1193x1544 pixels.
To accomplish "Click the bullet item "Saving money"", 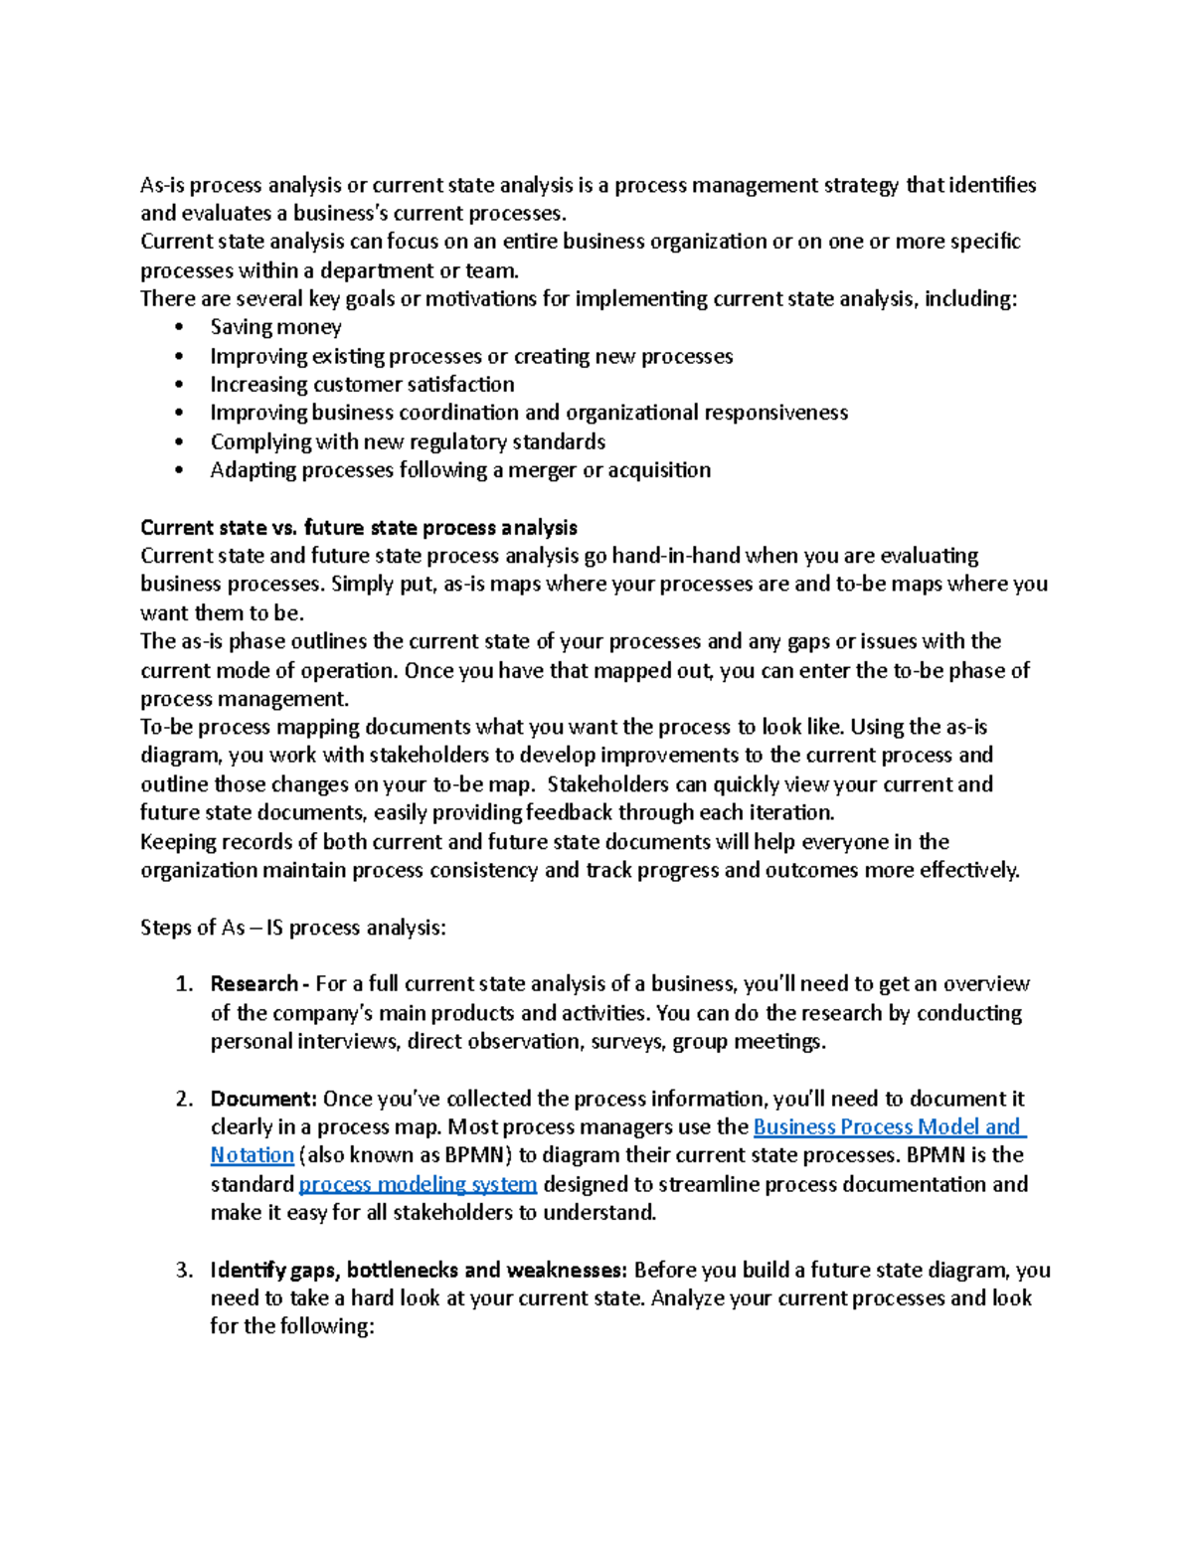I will click(x=275, y=327).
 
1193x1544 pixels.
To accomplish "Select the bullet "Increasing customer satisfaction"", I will click(x=362, y=385).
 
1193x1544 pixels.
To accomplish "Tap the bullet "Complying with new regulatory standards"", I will click(x=408, y=441).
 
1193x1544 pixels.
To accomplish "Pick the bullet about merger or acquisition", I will click(x=460, y=470).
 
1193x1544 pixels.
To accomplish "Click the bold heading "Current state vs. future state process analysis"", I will click(x=359, y=528).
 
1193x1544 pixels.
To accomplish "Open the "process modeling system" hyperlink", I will click(x=418, y=1184).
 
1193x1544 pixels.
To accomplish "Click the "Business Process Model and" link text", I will click(x=888, y=1126).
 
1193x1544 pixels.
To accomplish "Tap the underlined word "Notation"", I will click(x=252, y=1155).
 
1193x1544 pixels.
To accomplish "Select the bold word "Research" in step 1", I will click(x=254, y=984).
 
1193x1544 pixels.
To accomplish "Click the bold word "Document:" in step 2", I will click(x=263, y=1099).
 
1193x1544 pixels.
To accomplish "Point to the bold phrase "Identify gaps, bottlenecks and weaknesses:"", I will click(x=419, y=1270).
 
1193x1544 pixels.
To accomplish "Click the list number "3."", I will click(x=184, y=1270).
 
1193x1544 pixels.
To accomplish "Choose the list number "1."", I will click(x=184, y=984).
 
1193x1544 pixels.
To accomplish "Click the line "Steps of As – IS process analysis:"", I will click(x=293, y=928).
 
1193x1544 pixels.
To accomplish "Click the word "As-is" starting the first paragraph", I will click(x=162, y=185).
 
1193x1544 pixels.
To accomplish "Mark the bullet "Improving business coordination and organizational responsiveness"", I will click(x=529, y=413).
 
